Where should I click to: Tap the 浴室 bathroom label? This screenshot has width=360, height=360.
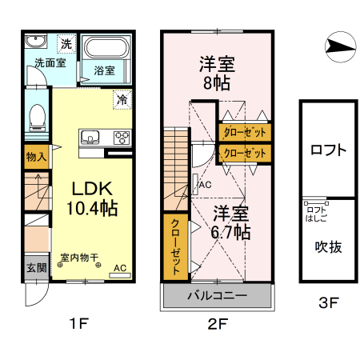click(x=104, y=70)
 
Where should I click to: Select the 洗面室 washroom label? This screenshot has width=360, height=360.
click(x=49, y=62)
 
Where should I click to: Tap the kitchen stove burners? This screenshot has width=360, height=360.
click(x=122, y=136)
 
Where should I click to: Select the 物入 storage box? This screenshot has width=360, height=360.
click(x=36, y=156)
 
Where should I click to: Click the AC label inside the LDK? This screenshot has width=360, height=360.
click(x=119, y=268)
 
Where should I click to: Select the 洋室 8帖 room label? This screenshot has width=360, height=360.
click(x=215, y=70)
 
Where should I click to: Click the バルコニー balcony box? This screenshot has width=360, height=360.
click(x=218, y=294)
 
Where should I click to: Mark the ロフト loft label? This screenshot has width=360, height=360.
click(x=328, y=150)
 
